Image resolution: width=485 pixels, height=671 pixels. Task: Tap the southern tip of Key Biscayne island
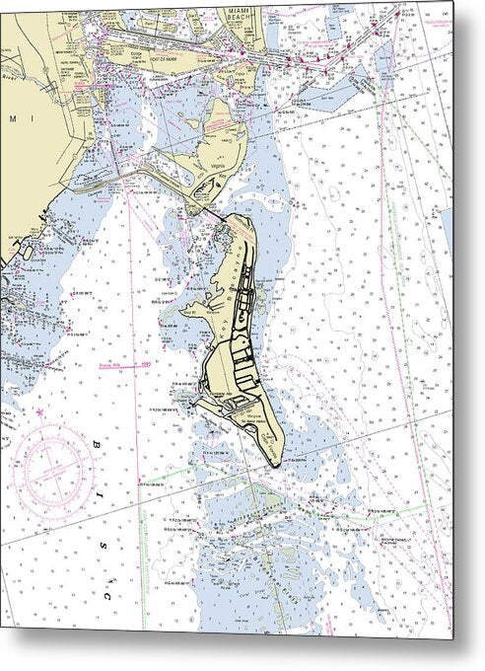(280, 464)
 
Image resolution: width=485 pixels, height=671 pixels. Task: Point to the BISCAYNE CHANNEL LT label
(402, 541)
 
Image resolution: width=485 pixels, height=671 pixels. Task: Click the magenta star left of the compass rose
(40, 411)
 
